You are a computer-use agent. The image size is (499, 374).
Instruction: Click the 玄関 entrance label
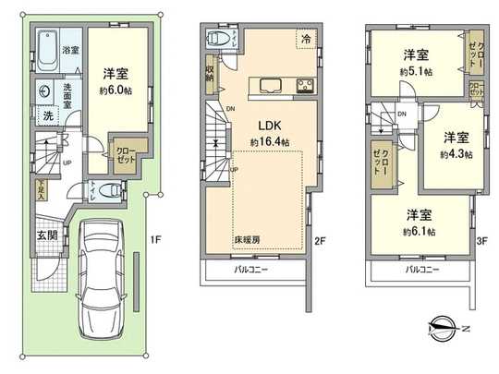[x=45, y=235]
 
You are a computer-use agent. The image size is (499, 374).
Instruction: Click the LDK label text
[x=269, y=126]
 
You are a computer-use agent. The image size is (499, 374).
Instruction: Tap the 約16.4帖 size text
[x=269, y=142]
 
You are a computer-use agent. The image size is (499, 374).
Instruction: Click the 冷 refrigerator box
[x=305, y=38]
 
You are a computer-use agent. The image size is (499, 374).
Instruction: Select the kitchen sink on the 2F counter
[x=270, y=87]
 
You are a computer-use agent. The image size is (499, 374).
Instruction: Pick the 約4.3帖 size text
[x=456, y=154]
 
